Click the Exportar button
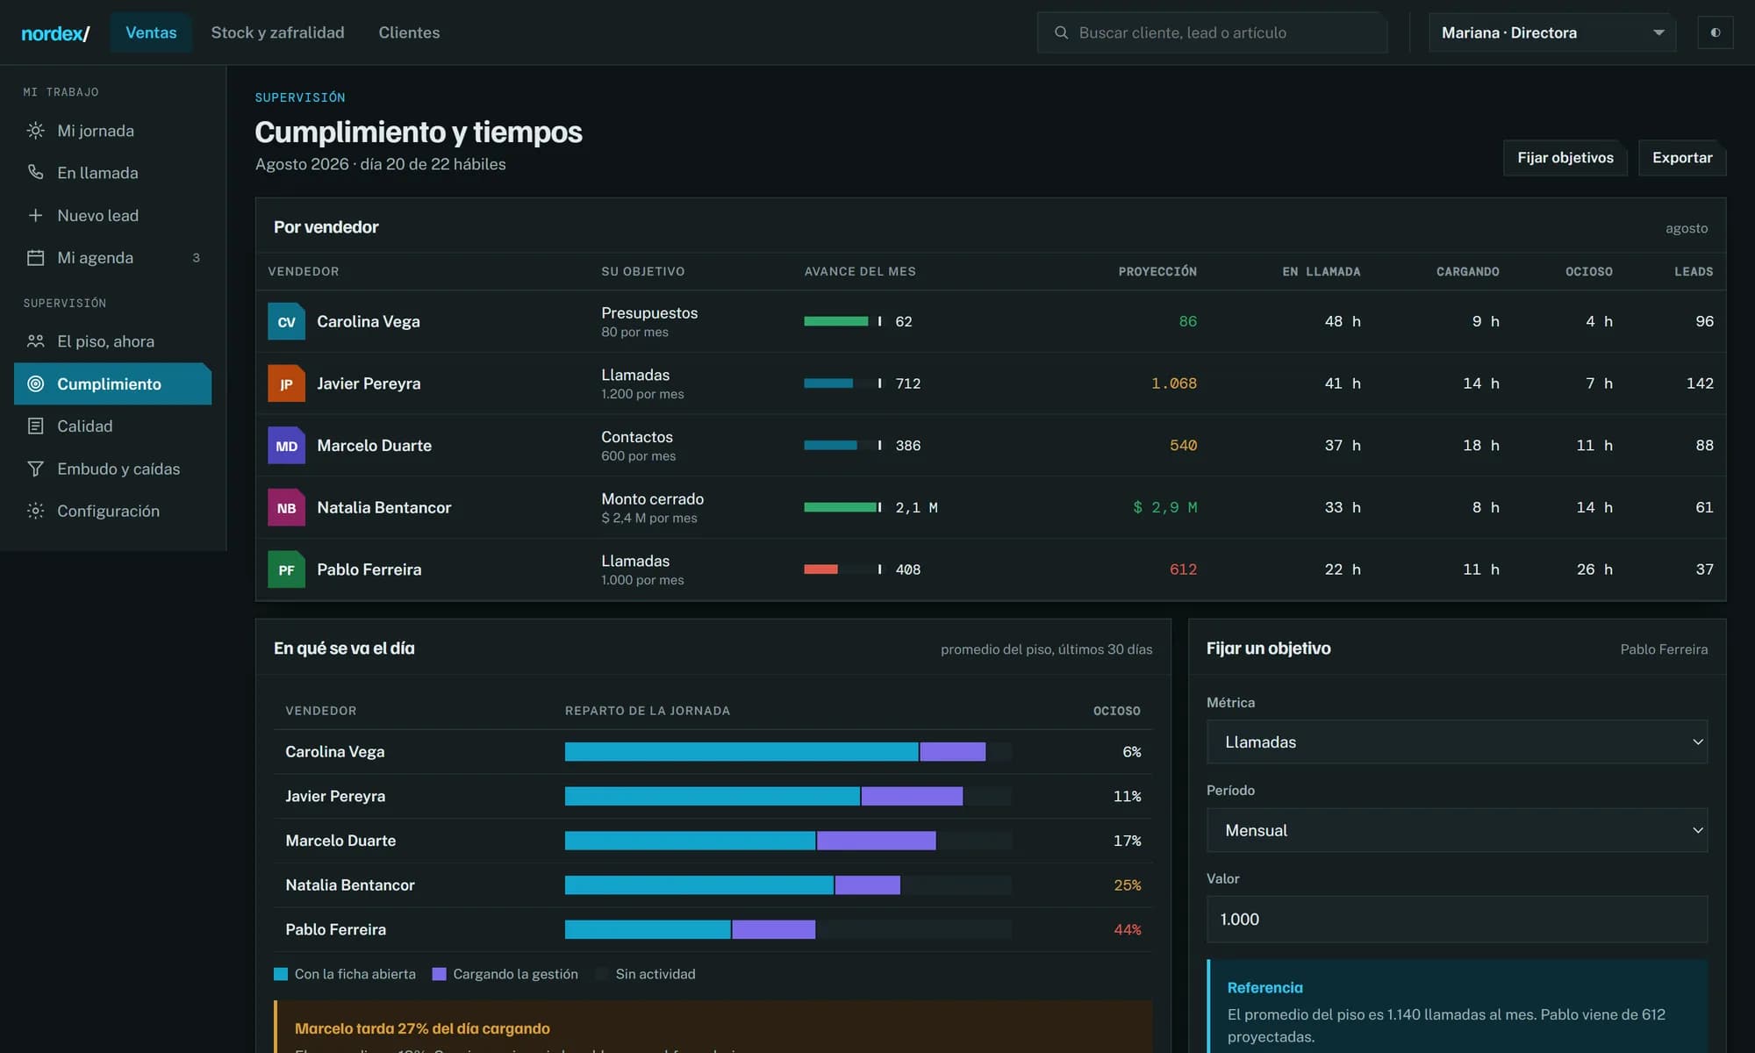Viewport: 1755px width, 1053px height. pos(1682,158)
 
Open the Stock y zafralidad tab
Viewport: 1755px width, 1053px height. pos(277,32)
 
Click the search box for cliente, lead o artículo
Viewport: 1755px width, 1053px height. pos(1212,32)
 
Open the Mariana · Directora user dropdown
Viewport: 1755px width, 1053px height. pos(1552,32)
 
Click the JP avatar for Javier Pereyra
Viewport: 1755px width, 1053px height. pos(286,383)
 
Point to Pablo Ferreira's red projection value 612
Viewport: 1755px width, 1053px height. pos(1183,569)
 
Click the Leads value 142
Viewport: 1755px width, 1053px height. pos(1700,383)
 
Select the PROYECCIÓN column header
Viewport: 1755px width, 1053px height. pos(1157,272)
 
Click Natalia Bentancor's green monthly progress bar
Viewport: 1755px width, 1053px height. pos(841,507)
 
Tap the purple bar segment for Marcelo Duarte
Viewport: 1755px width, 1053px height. pos(876,841)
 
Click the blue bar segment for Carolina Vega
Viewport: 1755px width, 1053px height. pos(741,752)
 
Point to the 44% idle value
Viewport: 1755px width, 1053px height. pos(1128,929)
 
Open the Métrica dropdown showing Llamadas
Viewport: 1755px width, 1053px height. pos(1457,742)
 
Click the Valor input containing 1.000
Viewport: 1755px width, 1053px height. pos(1457,919)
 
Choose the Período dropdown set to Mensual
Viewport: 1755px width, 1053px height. pos(1457,830)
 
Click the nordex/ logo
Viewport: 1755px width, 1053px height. pos(55,33)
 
